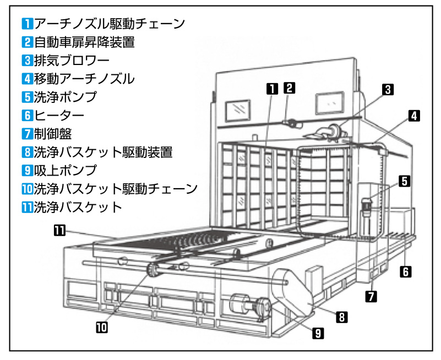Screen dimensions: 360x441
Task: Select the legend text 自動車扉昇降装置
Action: [85, 42]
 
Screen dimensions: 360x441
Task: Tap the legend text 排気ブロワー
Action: [72, 61]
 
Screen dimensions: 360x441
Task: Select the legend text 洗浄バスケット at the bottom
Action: [78, 207]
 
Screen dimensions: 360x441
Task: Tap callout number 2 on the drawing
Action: [290, 87]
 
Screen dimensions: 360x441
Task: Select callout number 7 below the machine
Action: [372, 296]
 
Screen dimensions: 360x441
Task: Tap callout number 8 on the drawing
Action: [341, 317]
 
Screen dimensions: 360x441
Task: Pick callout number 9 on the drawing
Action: [319, 332]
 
